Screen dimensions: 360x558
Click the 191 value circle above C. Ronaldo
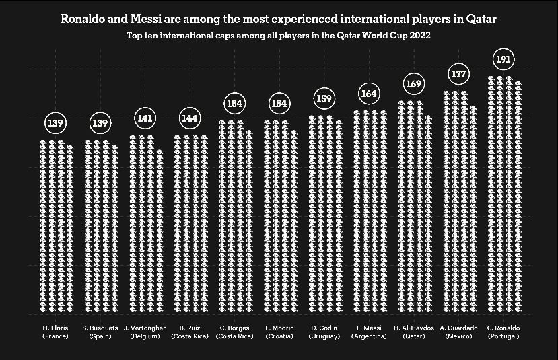click(503, 59)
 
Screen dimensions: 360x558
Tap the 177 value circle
click(459, 74)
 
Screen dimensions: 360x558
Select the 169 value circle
click(413, 84)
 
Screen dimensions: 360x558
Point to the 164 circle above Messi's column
click(369, 93)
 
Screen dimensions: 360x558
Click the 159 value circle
click(324, 99)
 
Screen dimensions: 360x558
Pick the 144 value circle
click(190, 118)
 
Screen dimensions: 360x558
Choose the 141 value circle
click(145, 118)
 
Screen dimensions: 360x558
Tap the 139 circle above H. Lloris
click(56, 123)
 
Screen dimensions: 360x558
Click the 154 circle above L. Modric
click(279, 104)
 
